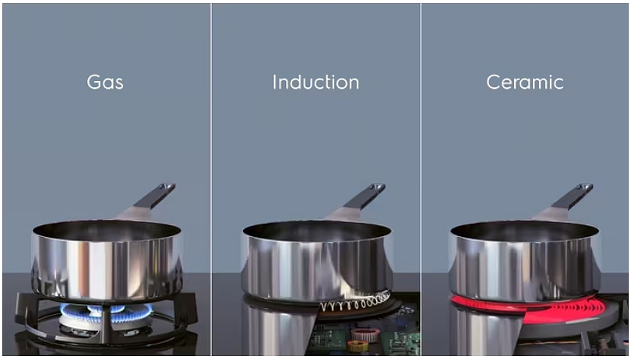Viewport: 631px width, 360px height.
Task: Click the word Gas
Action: (105, 82)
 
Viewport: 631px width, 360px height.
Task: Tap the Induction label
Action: (315, 82)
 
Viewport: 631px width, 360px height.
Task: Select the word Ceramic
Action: (525, 82)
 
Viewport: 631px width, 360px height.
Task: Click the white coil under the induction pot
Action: (355, 302)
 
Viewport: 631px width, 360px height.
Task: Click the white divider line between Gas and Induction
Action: (211, 180)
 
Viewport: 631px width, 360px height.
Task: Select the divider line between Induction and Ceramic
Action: (421, 180)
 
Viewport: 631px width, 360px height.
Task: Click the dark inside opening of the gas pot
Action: (107, 231)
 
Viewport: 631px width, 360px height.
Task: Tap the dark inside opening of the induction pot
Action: (317, 231)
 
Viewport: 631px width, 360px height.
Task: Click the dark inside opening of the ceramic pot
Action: (525, 231)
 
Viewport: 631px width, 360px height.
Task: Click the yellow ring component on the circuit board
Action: (358, 346)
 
